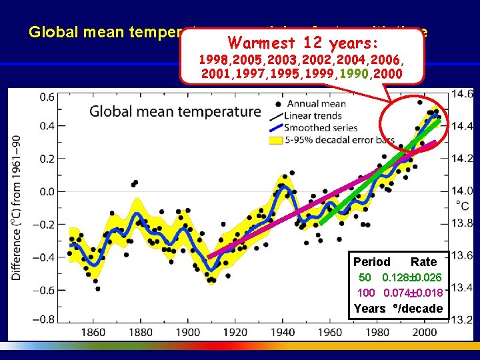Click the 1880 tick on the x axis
[x=140, y=333]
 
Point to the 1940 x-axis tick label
[x=283, y=333]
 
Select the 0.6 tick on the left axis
[x=47, y=97]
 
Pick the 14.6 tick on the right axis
[x=463, y=94]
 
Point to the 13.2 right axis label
[x=463, y=320]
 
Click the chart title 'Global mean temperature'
[x=175, y=111]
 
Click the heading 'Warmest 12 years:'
[x=303, y=43]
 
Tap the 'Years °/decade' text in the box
[x=398, y=308]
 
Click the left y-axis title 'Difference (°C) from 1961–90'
[x=16, y=207]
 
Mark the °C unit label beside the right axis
[x=461, y=207]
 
